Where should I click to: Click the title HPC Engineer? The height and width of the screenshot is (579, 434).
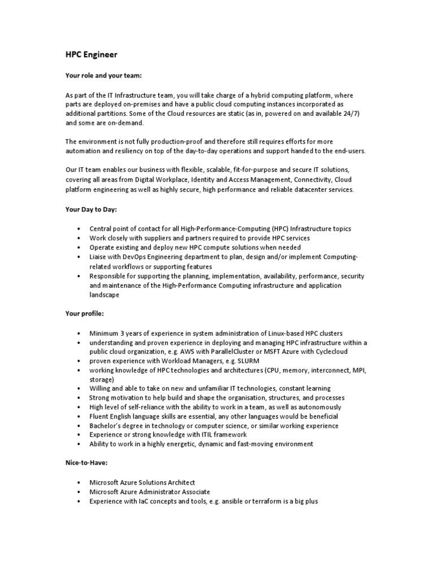point(92,55)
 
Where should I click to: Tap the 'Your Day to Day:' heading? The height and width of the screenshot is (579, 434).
point(91,209)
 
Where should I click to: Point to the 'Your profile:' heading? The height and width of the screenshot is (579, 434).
point(85,314)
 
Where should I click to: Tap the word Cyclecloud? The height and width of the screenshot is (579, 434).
point(328,351)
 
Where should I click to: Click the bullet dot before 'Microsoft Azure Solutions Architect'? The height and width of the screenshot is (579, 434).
point(77,482)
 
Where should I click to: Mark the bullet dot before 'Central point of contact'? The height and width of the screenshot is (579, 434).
point(77,228)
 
